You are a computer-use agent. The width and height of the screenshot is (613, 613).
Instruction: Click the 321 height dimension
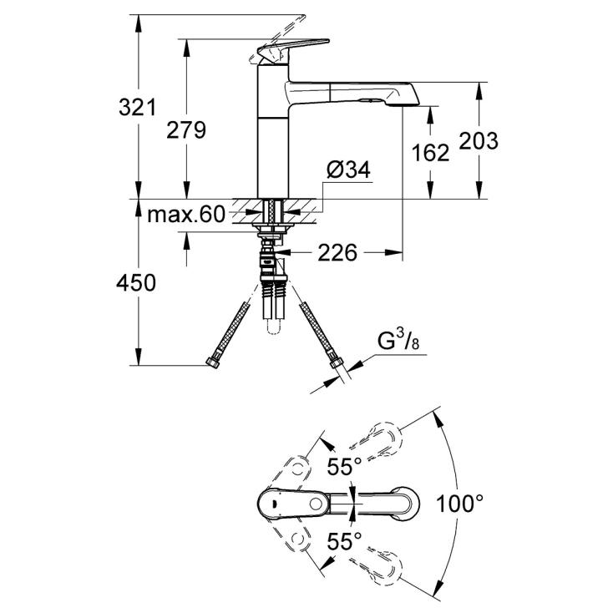coord(137,107)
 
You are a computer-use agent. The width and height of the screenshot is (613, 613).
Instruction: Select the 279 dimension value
coord(186,129)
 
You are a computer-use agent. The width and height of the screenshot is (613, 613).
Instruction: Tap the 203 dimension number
coord(479,141)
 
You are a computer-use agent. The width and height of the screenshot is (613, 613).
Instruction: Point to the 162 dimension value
coord(430,153)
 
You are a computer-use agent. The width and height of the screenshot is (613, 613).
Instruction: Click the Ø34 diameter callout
coord(349,170)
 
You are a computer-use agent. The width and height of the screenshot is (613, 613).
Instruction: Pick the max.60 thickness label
coord(186,215)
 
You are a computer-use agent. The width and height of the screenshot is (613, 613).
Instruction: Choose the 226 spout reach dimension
coord(337,252)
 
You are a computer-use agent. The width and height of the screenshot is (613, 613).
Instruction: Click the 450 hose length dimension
coord(135,282)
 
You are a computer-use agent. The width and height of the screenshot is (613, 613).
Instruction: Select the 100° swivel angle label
coord(459,503)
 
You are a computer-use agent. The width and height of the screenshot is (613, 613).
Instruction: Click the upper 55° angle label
coord(344,466)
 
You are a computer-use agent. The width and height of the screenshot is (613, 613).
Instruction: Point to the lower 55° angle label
coord(344,541)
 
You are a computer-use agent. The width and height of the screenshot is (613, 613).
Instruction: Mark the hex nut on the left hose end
coord(213,362)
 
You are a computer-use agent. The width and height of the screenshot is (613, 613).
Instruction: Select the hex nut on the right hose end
coord(334,362)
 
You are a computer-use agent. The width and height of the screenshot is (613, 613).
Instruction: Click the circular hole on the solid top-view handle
coord(316,504)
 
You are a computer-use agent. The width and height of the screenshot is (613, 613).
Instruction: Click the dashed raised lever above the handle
coord(277,37)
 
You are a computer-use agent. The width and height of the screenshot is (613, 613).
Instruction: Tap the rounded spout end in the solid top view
coord(407,504)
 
